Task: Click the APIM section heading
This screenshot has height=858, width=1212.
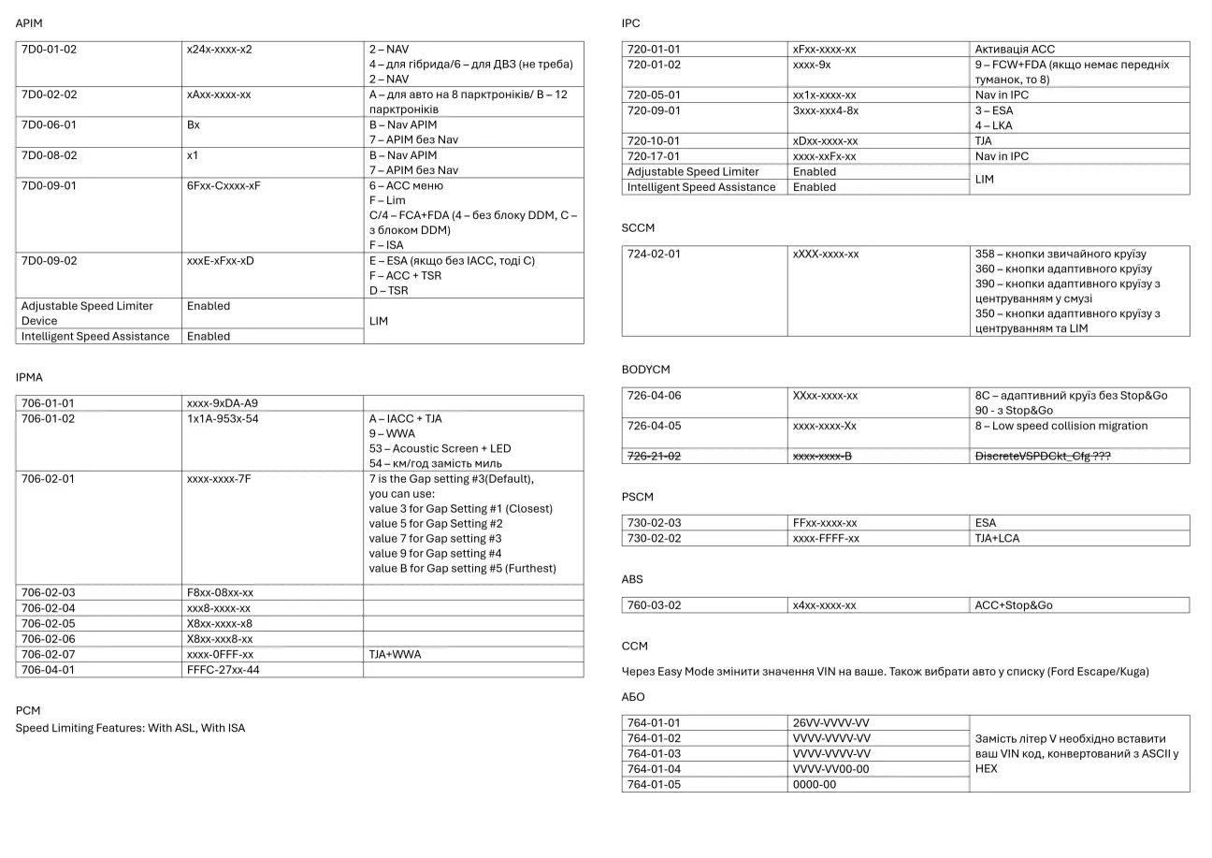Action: (29, 22)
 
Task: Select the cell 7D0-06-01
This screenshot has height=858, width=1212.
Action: (49, 124)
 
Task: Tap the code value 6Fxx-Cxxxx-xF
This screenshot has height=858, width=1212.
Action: (224, 185)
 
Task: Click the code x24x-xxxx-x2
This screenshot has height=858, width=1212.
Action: (220, 49)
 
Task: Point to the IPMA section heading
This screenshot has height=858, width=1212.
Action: (29, 377)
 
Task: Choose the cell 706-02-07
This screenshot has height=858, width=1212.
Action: (48, 654)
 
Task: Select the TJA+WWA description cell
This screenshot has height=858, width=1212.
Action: (395, 654)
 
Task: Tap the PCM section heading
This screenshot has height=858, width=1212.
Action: (28, 710)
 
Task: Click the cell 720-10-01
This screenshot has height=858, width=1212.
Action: (654, 140)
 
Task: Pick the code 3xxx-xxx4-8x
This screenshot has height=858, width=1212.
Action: (825, 110)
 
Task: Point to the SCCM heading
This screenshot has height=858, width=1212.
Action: (638, 227)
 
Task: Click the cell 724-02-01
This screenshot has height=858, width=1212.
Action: (654, 254)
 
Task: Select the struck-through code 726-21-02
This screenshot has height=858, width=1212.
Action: (654, 456)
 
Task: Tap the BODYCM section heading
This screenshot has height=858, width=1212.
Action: (645, 370)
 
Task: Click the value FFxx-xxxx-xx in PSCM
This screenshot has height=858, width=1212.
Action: (824, 523)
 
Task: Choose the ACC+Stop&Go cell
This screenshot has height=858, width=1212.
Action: (1013, 605)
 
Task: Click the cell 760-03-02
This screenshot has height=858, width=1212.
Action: (654, 605)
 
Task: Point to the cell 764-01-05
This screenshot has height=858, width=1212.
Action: (654, 784)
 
